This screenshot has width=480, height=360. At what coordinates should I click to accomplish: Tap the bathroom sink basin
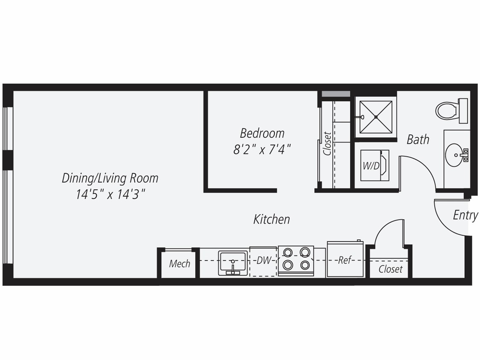point(454,155)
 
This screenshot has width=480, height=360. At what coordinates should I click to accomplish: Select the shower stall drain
point(375,117)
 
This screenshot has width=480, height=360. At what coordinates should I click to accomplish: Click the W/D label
point(371,166)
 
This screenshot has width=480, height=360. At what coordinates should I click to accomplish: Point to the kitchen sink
point(233,263)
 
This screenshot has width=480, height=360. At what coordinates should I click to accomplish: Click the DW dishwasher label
point(264,260)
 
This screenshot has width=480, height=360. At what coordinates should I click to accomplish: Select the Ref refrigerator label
point(344,260)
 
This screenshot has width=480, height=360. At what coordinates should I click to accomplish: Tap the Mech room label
point(180,264)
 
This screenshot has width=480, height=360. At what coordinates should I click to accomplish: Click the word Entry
point(465,215)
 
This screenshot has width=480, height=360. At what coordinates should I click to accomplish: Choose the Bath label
point(418,139)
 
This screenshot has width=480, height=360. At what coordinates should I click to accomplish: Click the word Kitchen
point(272,219)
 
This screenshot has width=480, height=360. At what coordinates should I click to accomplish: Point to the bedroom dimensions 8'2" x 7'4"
point(262,150)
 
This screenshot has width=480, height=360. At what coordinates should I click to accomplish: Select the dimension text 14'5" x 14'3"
point(111,195)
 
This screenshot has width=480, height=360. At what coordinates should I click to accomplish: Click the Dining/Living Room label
point(110,178)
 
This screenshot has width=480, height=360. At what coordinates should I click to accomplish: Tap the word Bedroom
point(262,133)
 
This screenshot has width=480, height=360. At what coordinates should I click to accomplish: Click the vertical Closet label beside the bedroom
point(327,143)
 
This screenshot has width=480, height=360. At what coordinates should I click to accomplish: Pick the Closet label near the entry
point(390,269)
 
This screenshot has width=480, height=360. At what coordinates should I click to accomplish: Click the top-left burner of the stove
point(288,252)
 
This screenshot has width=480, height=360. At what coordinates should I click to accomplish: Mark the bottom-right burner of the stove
point(305,265)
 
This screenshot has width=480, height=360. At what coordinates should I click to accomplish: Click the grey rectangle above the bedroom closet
point(336,94)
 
